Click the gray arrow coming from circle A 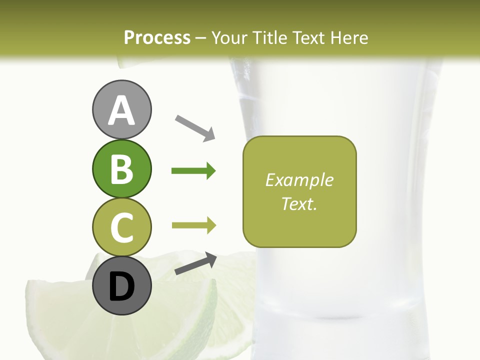point(195,127)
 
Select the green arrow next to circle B point(193,171)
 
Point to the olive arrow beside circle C point(193,225)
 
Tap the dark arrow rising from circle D point(195,264)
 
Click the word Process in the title point(157,37)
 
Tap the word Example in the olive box point(299,180)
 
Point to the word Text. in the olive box point(299,203)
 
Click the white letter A point(121,111)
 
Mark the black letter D point(121,287)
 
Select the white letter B point(121,169)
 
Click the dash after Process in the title point(201,38)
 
